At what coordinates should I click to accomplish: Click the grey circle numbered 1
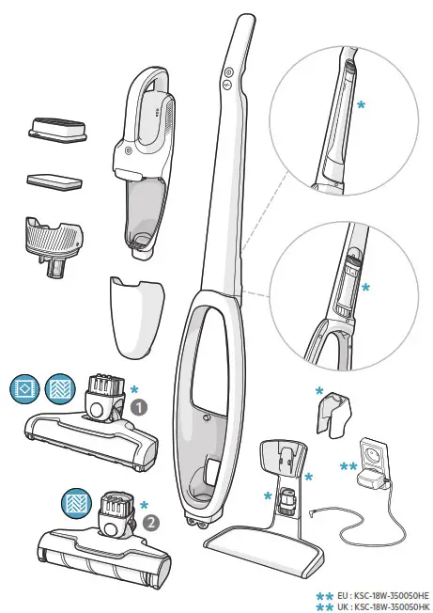click(139, 409)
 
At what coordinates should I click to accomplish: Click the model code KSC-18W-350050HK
click(389, 606)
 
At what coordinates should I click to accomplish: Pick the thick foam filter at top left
click(55, 127)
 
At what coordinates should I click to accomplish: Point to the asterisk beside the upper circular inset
click(361, 106)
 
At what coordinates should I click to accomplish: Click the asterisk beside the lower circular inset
click(365, 285)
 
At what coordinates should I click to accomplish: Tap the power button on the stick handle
click(227, 71)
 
